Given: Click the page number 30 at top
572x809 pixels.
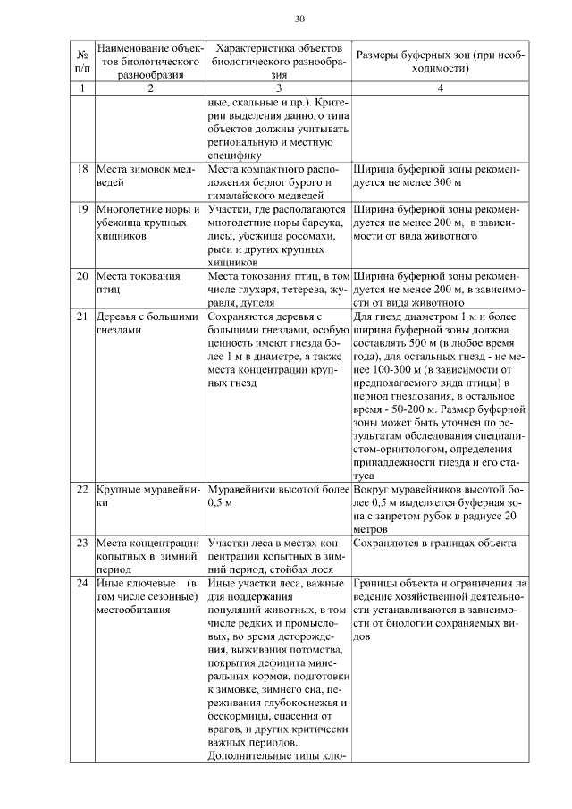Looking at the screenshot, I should click(299, 19).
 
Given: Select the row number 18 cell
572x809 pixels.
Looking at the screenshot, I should click(81, 169).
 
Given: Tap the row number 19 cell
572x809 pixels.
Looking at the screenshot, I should click(81, 209).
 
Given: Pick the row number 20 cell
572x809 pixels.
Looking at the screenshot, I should click(81, 276).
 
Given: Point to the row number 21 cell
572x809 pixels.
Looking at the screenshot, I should click(81, 316).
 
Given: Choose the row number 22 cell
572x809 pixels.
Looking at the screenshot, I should click(81, 491).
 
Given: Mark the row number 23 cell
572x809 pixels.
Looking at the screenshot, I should click(81, 543).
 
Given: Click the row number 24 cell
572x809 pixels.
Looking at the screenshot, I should click(81, 584).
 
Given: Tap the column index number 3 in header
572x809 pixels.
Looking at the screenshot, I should click(279, 88).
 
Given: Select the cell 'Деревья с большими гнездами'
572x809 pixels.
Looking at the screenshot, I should click(148, 323).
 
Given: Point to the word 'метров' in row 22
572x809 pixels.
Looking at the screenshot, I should click(373, 529).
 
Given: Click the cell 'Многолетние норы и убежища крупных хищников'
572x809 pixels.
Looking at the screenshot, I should click(147, 223).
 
